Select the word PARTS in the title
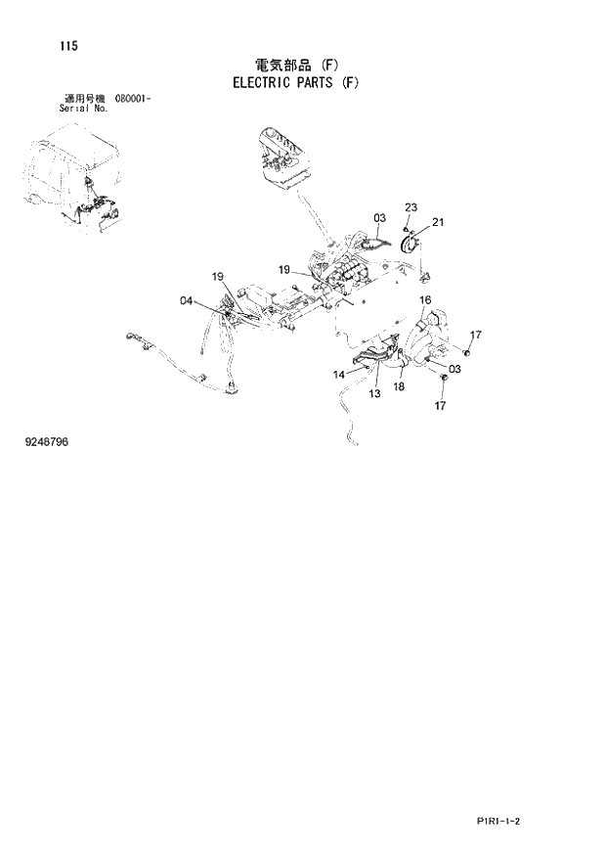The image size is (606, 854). point(322,83)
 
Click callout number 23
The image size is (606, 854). point(411,206)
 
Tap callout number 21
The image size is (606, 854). point(438,222)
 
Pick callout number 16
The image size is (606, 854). point(425,299)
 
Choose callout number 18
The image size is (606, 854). point(399,387)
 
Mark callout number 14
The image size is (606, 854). point(338,374)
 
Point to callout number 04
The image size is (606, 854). point(186,301)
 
